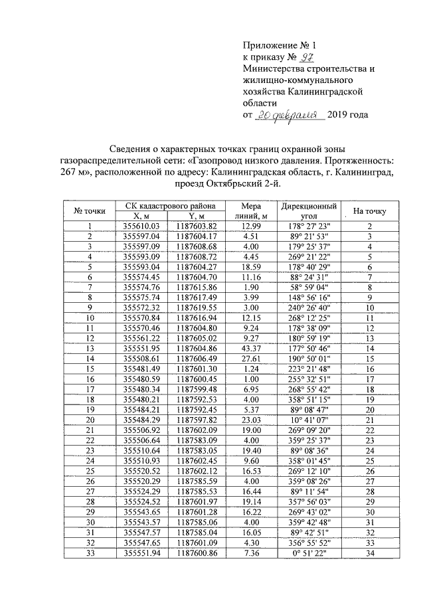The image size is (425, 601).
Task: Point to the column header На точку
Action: coord(370,211)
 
